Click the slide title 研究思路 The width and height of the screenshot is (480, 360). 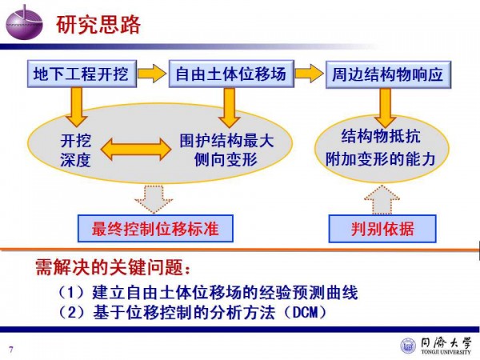point(98,25)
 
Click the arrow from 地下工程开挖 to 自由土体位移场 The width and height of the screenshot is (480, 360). point(152,75)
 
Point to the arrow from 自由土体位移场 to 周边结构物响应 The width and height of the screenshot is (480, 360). point(309,75)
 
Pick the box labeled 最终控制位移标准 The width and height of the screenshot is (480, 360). point(155,229)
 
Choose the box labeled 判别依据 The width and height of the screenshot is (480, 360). point(382,229)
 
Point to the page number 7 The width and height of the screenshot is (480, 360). point(11,348)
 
